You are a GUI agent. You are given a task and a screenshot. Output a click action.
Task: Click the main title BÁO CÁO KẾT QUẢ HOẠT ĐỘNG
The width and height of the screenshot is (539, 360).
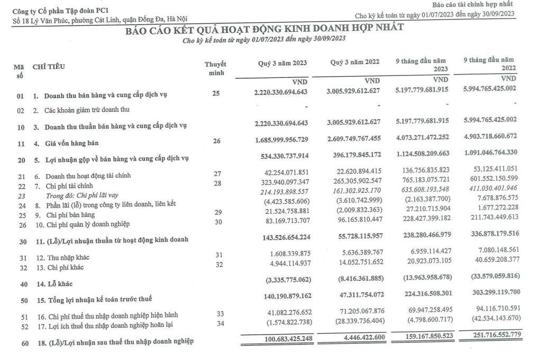tap(264, 29)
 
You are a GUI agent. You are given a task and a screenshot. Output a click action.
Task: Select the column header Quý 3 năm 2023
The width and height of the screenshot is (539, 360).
tap(282, 63)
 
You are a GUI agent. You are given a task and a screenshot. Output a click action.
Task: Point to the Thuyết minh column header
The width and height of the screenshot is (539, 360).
tap(215, 68)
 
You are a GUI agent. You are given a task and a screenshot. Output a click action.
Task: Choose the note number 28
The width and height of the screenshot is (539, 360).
tap(217, 183)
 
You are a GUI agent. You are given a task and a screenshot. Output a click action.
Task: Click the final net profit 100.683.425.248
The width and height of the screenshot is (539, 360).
tap(282, 339)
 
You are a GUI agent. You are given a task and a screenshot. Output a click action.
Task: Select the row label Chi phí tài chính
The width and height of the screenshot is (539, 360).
tap(67, 186)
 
